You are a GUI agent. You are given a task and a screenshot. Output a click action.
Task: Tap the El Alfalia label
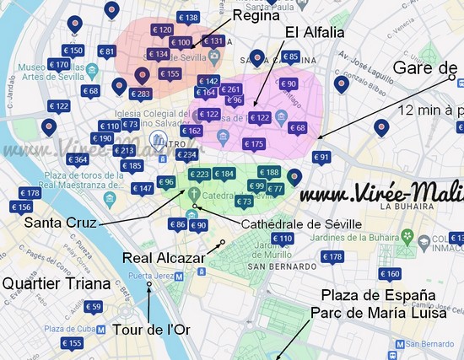click(313, 35)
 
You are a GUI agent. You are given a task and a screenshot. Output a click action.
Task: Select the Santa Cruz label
click(60, 223)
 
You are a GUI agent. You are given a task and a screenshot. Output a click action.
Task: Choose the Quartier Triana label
click(56, 283)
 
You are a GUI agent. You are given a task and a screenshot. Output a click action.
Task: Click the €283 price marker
click(141, 94)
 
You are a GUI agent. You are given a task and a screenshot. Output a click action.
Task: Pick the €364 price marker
click(78, 159)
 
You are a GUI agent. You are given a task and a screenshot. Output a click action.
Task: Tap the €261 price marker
click(230, 89)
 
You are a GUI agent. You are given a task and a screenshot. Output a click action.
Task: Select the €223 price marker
click(199, 174)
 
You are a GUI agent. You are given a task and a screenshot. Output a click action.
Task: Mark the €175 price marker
click(254, 144)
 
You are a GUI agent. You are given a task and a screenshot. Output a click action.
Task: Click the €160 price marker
click(390, 274)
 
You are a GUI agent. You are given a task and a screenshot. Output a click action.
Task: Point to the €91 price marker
click(321, 157)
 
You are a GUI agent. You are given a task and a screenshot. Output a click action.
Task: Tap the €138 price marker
click(189, 18)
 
